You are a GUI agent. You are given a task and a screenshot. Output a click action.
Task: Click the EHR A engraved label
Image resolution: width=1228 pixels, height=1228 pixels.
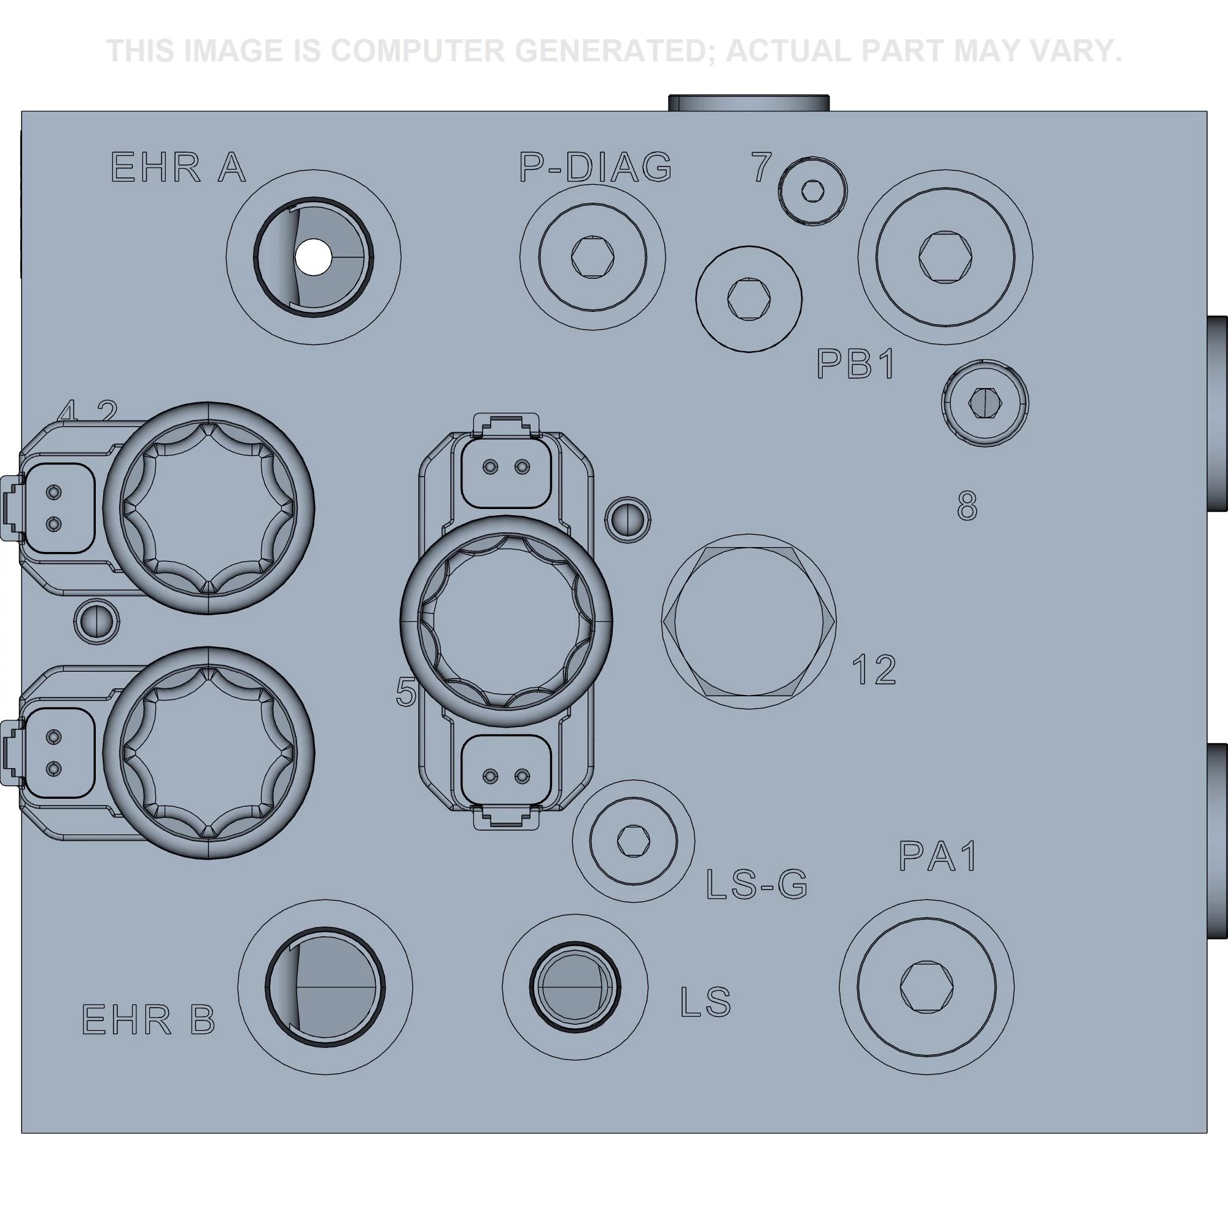tap(178, 168)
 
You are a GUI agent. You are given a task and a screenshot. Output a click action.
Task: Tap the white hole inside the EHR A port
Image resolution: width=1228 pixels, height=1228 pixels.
tap(313, 257)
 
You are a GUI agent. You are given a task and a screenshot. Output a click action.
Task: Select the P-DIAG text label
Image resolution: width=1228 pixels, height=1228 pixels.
tap(596, 168)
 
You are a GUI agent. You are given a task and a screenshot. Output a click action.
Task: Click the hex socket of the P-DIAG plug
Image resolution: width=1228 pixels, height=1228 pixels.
tap(593, 257)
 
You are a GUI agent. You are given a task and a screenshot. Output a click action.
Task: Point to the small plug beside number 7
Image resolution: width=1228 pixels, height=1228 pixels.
tap(813, 191)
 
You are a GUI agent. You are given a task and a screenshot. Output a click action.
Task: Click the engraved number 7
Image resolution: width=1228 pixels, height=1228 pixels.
tap(761, 168)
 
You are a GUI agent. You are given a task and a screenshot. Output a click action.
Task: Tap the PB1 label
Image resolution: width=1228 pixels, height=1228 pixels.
tap(856, 365)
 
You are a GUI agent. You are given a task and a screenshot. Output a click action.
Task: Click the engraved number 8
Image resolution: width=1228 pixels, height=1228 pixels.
tap(967, 507)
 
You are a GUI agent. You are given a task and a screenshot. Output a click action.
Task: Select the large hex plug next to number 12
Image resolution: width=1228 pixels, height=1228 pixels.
tap(748, 621)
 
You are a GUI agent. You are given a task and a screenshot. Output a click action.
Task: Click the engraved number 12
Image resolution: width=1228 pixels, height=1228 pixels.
tap(874, 670)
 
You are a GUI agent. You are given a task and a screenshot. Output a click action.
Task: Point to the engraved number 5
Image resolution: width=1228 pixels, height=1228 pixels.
tap(405, 692)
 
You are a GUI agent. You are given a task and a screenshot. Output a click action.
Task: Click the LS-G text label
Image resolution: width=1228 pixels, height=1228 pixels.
tap(756, 884)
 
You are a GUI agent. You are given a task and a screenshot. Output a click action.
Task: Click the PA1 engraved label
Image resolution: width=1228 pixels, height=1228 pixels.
tap(938, 856)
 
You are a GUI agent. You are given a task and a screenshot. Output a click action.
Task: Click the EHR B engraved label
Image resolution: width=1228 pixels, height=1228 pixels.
tap(149, 1019)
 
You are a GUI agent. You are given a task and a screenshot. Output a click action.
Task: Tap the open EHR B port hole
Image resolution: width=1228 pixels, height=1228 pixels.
tap(324, 987)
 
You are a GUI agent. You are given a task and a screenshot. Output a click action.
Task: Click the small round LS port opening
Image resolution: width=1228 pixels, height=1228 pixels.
tap(575, 987)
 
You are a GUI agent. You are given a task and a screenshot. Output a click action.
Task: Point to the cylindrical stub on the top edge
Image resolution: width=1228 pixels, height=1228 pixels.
tap(748, 103)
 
